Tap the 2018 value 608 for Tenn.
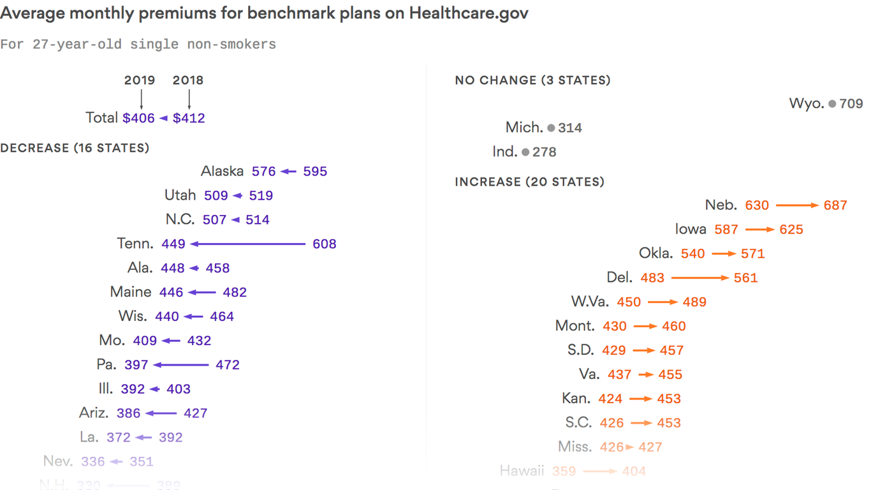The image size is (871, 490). [x=324, y=244]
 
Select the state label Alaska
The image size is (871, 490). [x=222, y=171]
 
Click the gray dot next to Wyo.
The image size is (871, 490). [x=832, y=104]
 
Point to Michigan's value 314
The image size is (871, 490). [x=569, y=128]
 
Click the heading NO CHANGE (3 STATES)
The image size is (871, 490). [x=532, y=80]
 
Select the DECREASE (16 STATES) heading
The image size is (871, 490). [x=75, y=148]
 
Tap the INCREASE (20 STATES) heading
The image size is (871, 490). [x=529, y=182]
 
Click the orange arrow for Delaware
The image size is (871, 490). [x=699, y=278]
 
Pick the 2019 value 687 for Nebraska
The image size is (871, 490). [x=835, y=205]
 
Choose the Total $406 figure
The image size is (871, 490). [x=138, y=118]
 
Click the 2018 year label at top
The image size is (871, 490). [x=188, y=80]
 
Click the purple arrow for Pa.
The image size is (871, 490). [x=181, y=365]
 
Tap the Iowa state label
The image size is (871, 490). [x=691, y=230]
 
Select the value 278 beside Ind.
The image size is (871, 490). [x=544, y=152]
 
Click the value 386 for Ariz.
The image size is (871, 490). [x=128, y=413]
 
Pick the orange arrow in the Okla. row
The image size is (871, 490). [x=724, y=254]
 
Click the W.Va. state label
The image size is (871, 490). [x=590, y=302]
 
